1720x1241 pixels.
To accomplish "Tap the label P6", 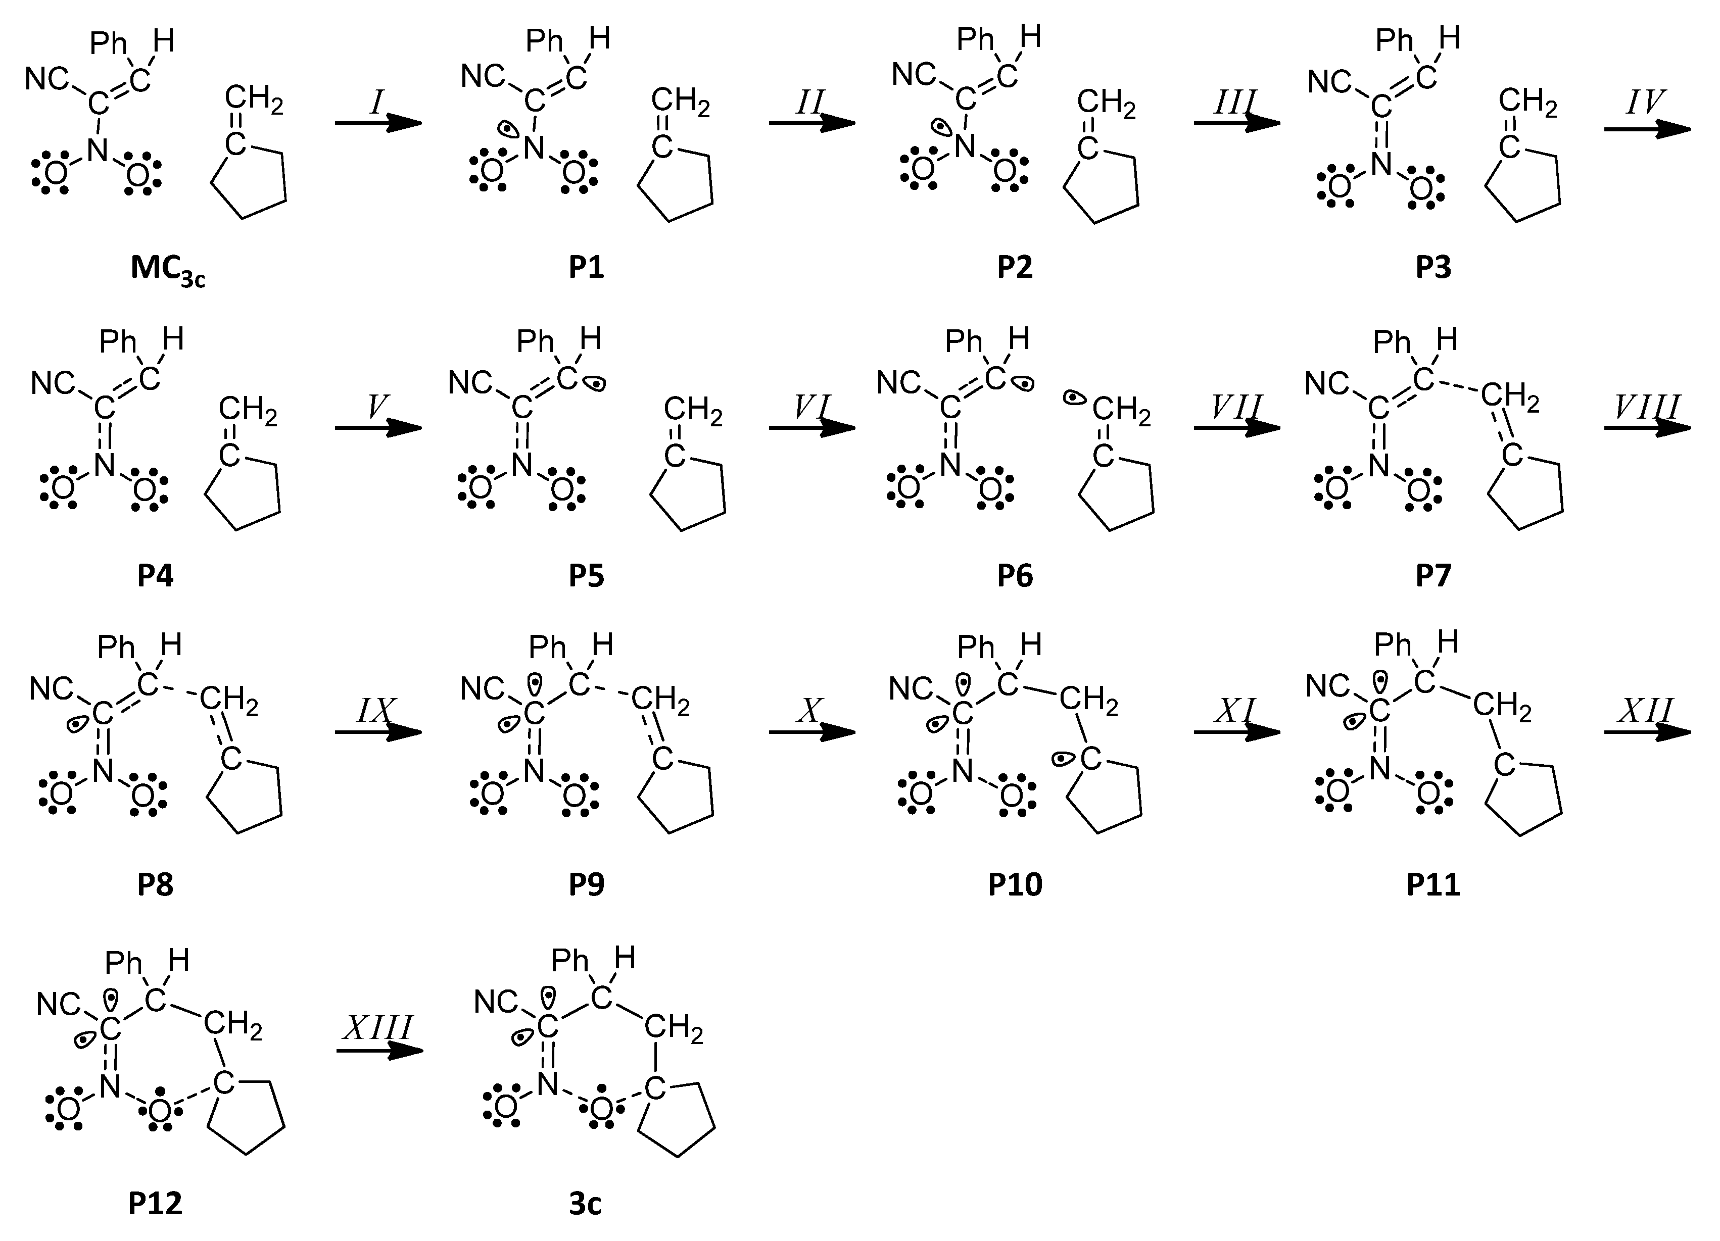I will pos(1015,576).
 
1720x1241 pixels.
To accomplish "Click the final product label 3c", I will pos(585,1204).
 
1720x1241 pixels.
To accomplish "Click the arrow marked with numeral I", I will pos(377,123).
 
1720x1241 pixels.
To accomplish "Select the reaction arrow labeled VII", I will pos(1236,428).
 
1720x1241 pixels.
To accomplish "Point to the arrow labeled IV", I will pos(1646,129).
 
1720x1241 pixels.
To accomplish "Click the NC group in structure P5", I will pos(471,383).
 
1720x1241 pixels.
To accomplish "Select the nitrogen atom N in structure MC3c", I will pos(97,150).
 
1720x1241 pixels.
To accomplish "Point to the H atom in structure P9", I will pos(602,645).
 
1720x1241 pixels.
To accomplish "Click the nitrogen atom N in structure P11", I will pos(1380,769).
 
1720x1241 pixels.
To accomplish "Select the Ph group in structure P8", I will pos(116,648).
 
